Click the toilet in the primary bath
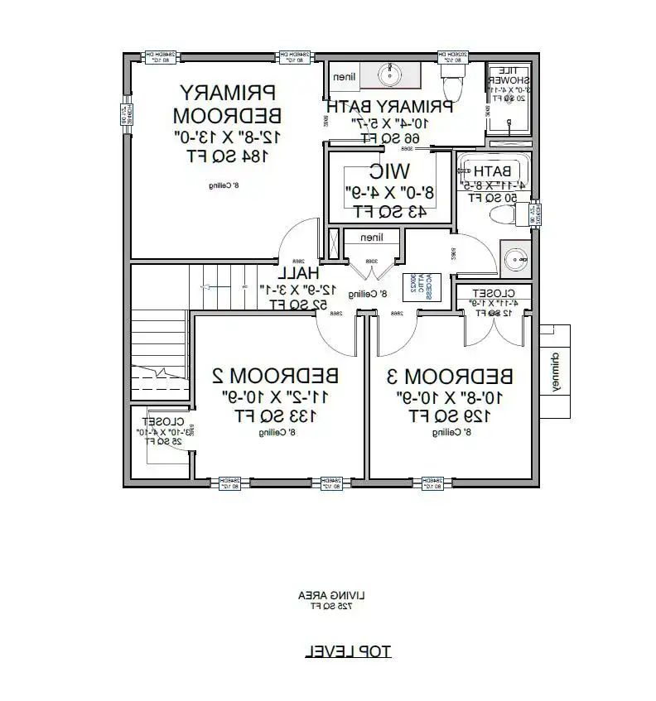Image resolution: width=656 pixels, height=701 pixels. (453, 83)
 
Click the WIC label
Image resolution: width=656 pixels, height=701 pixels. (388, 171)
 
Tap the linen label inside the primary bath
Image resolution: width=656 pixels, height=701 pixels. (345, 77)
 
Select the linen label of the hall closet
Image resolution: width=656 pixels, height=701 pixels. (372, 238)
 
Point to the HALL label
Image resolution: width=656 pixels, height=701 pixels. (298, 272)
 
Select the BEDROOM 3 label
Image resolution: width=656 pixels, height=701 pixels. (451, 376)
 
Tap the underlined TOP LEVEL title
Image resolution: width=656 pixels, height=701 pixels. (348, 651)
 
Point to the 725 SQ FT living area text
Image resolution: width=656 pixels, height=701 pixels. (331, 606)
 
